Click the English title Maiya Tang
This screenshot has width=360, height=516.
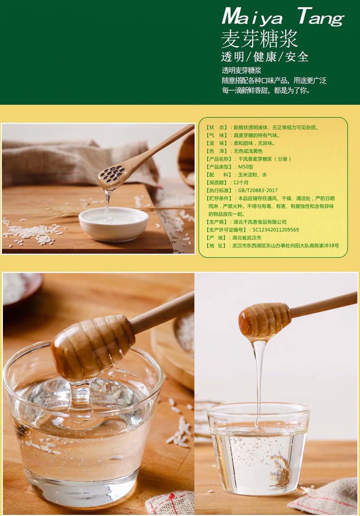coord(282,17)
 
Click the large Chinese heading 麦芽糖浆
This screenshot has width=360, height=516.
coord(259,39)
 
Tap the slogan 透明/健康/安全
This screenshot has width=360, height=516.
coord(265,57)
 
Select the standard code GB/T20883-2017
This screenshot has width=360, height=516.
coord(258,190)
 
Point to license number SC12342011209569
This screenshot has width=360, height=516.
coord(276,230)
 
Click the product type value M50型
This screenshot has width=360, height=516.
coord(245,167)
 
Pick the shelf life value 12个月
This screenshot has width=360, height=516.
coord(241,182)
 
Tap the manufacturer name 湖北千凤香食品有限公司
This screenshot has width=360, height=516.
coord(260,222)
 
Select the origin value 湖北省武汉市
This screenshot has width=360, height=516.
coord(247,238)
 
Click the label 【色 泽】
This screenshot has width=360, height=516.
coord(217,151)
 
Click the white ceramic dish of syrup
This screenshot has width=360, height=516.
coord(113,223)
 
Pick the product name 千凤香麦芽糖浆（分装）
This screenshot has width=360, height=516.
coord(264,159)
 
